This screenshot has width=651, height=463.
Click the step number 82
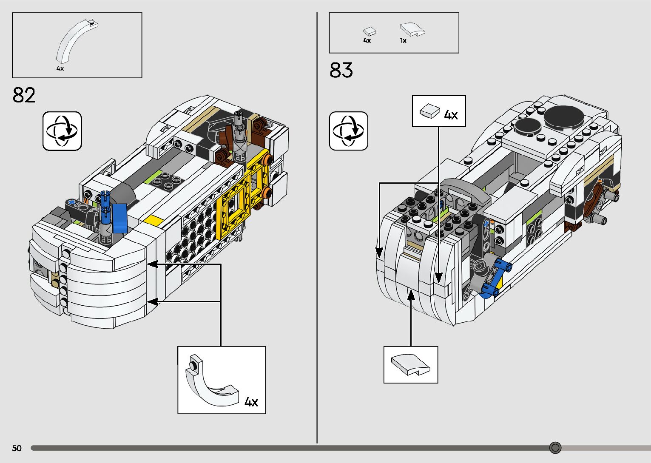pyautogui.click(x=24, y=95)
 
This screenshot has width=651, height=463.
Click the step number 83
pyautogui.click(x=341, y=70)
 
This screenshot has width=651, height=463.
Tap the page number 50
pyautogui.click(x=17, y=448)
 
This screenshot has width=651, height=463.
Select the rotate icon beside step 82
pyautogui.click(x=62, y=131)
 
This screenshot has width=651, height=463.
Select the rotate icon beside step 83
pyautogui.click(x=348, y=131)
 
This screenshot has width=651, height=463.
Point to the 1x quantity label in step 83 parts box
pyautogui.click(x=403, y=41)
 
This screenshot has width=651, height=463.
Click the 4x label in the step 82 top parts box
pyautogui.click(x=60, y=68)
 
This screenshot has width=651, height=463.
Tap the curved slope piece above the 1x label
pyautogui.click(x=412, y=29)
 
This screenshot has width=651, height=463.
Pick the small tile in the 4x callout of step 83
pyautogui.click(x=429, y=111)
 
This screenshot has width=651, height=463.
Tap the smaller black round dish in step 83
pyautogui.click(x=527, y=126)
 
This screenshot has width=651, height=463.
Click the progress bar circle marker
pyautogui.click(x=555, y=448)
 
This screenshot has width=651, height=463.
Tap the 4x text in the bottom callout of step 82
pyautogui.click(x=251, y=402)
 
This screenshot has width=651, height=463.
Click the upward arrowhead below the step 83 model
pyautogui.click(x=411, y=294)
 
